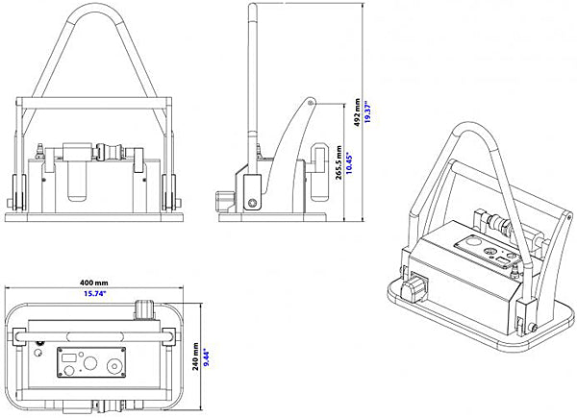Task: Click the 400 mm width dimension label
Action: tap(95, 282)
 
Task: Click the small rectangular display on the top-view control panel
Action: tap(70, 363)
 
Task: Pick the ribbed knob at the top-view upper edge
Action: tap(143, 309)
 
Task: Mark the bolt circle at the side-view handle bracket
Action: tap(252, 203)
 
